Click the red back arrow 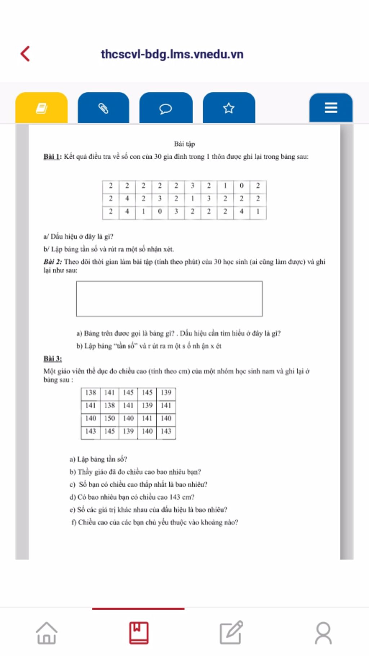25,54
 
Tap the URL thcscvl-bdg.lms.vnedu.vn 172,54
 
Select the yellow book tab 41,108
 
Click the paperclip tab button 103,108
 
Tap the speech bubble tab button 166,108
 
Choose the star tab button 229,108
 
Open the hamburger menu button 331,108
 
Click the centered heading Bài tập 184,144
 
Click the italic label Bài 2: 53,262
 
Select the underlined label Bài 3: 53,359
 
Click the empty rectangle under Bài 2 169,299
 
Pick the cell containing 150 110,418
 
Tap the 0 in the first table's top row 241,186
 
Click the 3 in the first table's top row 192,186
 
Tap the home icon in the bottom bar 46,633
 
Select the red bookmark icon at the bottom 139,633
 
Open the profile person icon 323,633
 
